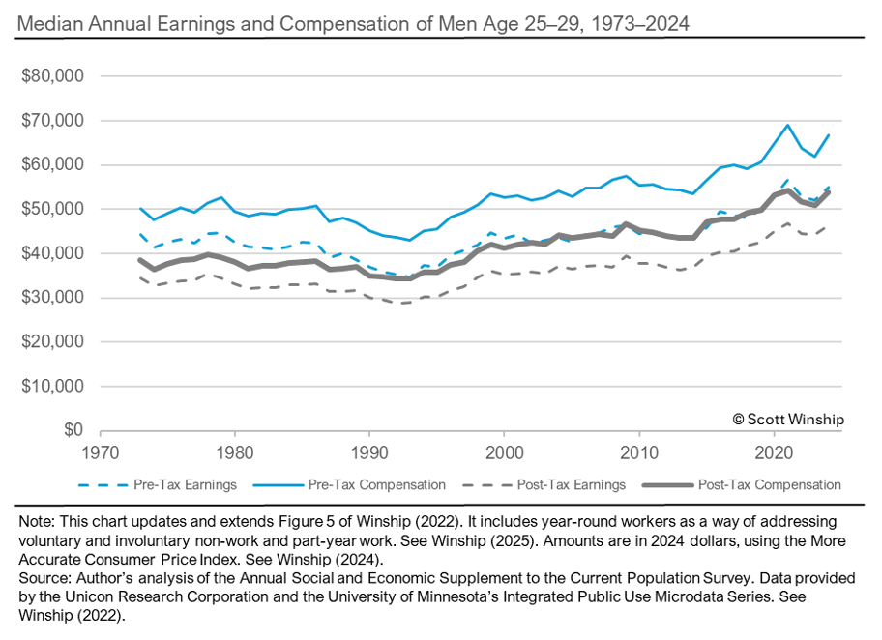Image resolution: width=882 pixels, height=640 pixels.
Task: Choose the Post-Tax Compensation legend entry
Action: click(x=764, y=484)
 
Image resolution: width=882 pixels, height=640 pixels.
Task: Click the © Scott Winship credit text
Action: click(x=787, y=419)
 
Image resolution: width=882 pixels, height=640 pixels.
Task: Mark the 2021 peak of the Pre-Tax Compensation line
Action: click(x=787, y=125)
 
